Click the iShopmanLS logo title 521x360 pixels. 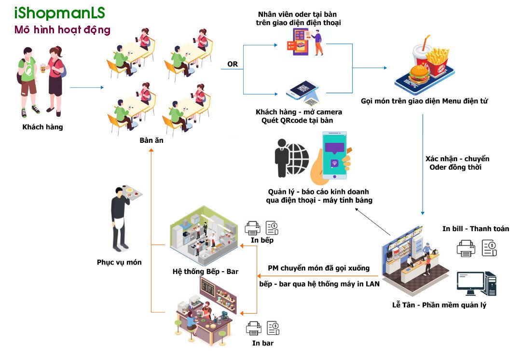coord(59,13)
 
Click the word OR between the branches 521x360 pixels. coord(233,64)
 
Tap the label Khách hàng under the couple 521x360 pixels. coord(42,127)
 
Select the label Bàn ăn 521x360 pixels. coord(151,140)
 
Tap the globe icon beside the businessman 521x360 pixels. coord(297,159)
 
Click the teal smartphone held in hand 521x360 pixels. coord(334,155)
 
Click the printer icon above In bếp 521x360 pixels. coord(252,228)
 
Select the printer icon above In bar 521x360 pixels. coord(254,329)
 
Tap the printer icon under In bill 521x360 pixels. coord(466,249)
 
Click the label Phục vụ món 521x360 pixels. coord(119,262)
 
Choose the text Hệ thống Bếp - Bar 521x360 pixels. coord(206,272)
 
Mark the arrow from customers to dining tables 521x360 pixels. coord(87,87)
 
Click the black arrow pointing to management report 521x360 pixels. coord(373,222)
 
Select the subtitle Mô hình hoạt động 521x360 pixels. coord(62,30)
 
